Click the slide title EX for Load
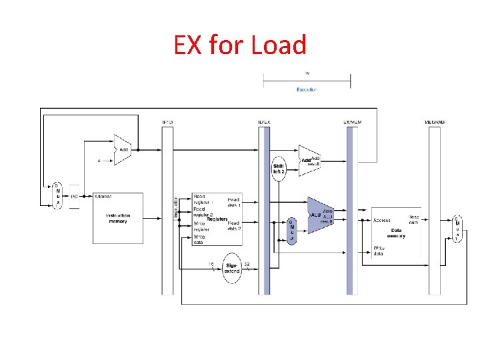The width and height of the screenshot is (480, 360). [240, 45]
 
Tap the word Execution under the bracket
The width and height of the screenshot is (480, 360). [307, 89]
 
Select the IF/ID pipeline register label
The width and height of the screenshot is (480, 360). [167, 122]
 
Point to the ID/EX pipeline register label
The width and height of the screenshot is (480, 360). [264, 122]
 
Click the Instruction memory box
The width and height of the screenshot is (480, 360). [117, 219]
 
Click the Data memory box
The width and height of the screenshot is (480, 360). [396, 231]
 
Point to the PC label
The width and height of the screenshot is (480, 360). [74, 197]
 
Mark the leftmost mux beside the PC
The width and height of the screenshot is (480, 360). [57, 195]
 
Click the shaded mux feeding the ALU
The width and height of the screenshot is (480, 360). [291, 231]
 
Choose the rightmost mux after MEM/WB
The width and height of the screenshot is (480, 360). [457, 229]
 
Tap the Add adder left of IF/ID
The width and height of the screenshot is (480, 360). [123, 151]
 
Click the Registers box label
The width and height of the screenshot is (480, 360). [217, 219]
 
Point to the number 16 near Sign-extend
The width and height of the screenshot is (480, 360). [211, 264]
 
